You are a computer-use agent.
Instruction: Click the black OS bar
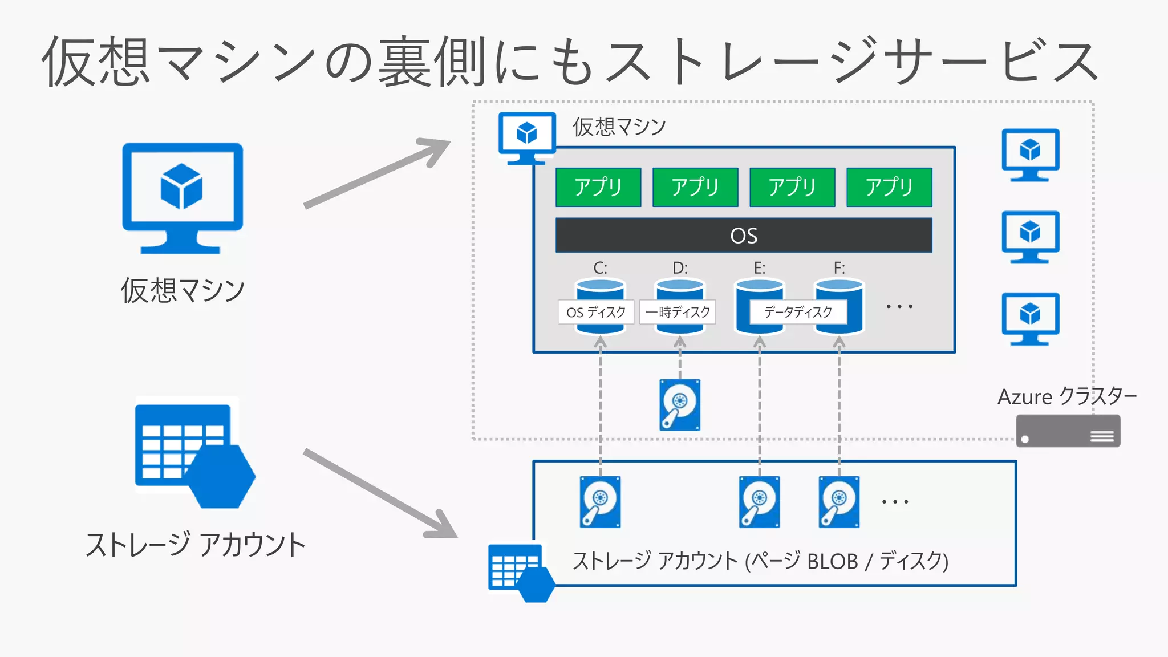(744, 235)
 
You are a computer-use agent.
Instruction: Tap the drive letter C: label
(600, 267)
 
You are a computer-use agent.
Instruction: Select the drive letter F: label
(839, 267)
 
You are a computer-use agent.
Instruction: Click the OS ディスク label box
(596, 312)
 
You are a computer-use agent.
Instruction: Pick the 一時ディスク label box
(678, 312)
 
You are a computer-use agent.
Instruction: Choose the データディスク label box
(798, 312)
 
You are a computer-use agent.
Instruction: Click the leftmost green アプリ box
(598, 187)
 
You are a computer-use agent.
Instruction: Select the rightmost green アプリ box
(889, 187)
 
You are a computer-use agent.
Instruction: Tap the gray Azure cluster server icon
(1068, 431)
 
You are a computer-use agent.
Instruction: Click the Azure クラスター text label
(1066, 396)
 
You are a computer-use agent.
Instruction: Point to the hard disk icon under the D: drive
(679, 405)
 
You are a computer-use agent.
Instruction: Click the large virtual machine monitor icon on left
(182, 197)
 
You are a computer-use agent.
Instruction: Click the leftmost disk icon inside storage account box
(600, 502)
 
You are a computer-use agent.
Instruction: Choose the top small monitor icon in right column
(1030, 154)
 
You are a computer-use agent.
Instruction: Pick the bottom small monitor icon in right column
(1030, 318)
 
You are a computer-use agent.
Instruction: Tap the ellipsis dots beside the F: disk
(899, 306)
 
